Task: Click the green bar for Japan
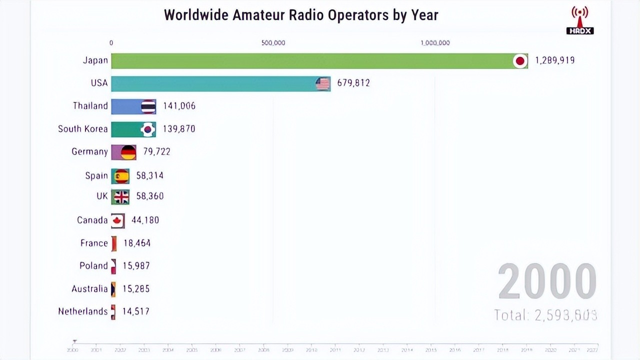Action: tap(310, 61)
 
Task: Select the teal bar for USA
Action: tap(215, 83)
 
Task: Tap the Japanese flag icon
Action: tap(520, 61)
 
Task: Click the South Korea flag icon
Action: tap(147, 129)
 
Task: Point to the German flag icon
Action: tap(128, 152)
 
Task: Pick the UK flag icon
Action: tap(121, 197)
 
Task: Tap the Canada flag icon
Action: tap(118, 220)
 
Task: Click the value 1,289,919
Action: tap(554, 60)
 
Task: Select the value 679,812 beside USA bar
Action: tap(353, 83)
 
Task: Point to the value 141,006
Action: tap(179, 106)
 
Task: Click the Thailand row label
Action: tap(90, 106)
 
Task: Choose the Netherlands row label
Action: tap(82, 311)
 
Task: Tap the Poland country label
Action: tap(93, 265)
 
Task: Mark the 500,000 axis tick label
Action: tap(273, 43)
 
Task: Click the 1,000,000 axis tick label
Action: tap(435, 43)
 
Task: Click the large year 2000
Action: tap(547, 281)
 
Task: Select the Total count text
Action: tap(545, 315)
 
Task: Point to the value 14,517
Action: tap(135, 311)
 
